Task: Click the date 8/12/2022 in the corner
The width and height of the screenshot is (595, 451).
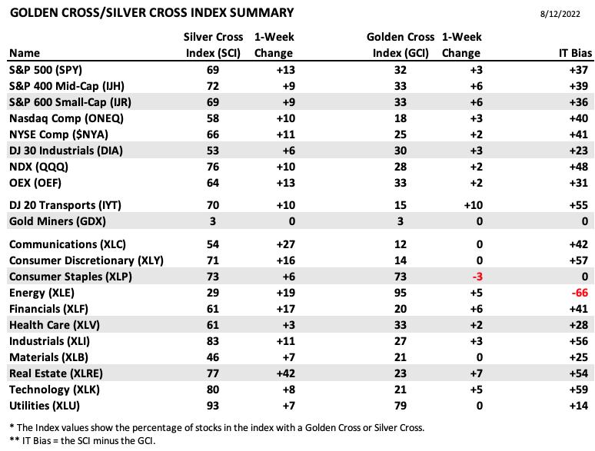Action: point(560,14)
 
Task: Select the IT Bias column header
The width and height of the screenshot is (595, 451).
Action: point(575,53)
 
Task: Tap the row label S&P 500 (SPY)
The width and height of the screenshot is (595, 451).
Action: point(45,70)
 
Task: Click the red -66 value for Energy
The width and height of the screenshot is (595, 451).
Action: point(580,293)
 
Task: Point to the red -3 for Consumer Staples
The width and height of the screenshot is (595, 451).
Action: point(477,277)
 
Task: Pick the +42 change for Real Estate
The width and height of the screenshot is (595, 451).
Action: point(285,373)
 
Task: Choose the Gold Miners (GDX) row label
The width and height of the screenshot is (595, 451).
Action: point(58,221)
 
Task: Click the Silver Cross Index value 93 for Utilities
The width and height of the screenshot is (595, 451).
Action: point(212,406)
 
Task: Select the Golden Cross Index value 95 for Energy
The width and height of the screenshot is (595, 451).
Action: point(400,293)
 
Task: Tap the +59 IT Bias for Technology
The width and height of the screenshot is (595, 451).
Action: point(579,390)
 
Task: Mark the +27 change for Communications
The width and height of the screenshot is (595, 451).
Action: point(285,244)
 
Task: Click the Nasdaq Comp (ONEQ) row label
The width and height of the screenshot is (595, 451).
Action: point(66,119)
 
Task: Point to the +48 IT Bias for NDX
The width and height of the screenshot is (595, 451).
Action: point(579,167)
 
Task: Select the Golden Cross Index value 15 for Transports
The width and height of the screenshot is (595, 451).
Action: point(400,205)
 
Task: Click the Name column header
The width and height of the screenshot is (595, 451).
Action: point(25,53)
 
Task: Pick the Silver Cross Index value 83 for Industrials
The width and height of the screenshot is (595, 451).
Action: point(212,341)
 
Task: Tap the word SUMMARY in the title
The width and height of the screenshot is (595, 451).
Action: point(262,13)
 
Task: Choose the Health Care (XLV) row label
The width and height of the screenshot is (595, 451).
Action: point(55,326)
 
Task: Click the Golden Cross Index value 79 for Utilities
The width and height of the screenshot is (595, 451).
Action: point(400,406)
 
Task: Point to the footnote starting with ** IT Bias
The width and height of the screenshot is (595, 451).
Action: point(82,441)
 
